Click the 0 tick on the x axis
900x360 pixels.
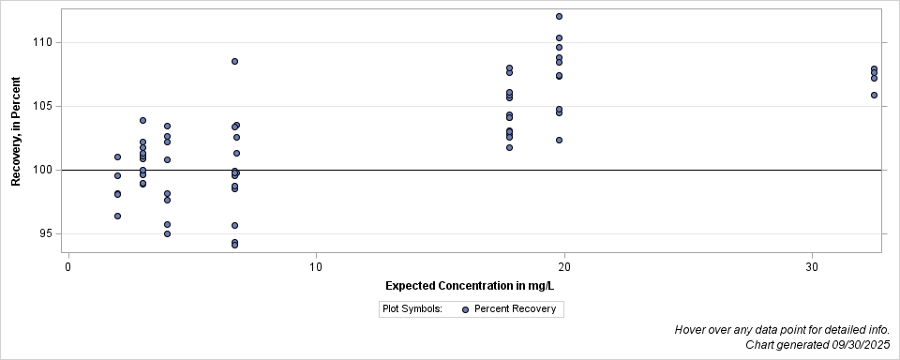(68, 267)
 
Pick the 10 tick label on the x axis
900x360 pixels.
(316, 267)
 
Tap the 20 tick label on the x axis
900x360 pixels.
(564, 267)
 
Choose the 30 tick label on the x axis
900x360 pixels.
(812, 267)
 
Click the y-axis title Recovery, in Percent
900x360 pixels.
(16, 131)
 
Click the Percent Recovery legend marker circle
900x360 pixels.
(465, 308)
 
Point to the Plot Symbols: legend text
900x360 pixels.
(412, 308)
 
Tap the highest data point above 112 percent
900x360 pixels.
(559, 16)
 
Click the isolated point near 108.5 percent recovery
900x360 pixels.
(234, 61)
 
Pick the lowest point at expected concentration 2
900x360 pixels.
(117, 216)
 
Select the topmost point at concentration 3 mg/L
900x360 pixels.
(142, 120)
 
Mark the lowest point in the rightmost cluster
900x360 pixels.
(874, 95)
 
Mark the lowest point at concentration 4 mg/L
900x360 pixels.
(167, 233)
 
